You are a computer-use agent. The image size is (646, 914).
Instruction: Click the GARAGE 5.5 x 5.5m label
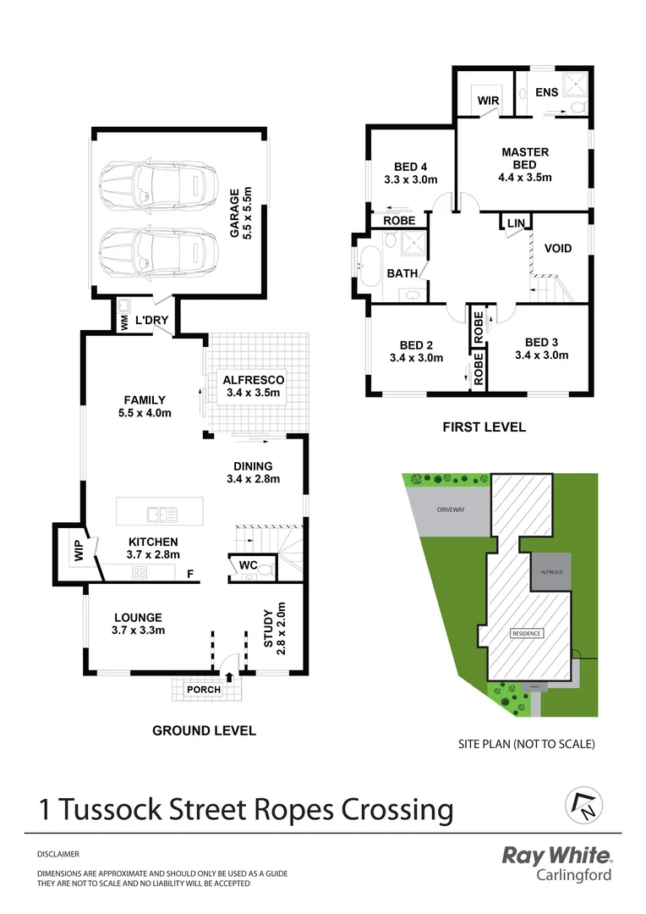[x=242, y=212]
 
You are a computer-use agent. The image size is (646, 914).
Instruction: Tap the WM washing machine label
[x=123, y=321]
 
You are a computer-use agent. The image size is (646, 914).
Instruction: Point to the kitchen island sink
[x=161, y=514]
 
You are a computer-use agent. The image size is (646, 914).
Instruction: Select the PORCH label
[x=203, y=690]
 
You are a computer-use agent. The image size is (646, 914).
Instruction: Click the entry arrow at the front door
[x=229, y=675]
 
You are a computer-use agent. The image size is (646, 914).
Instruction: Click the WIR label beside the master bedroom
[x=488, y=101]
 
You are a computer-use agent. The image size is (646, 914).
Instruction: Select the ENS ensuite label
[x=546, y=91]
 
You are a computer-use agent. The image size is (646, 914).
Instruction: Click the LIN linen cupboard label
[x=515, y=223]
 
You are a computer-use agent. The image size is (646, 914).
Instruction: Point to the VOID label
[x=558, y=249]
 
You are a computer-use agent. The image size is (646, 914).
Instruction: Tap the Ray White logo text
[x=556, y=856]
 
